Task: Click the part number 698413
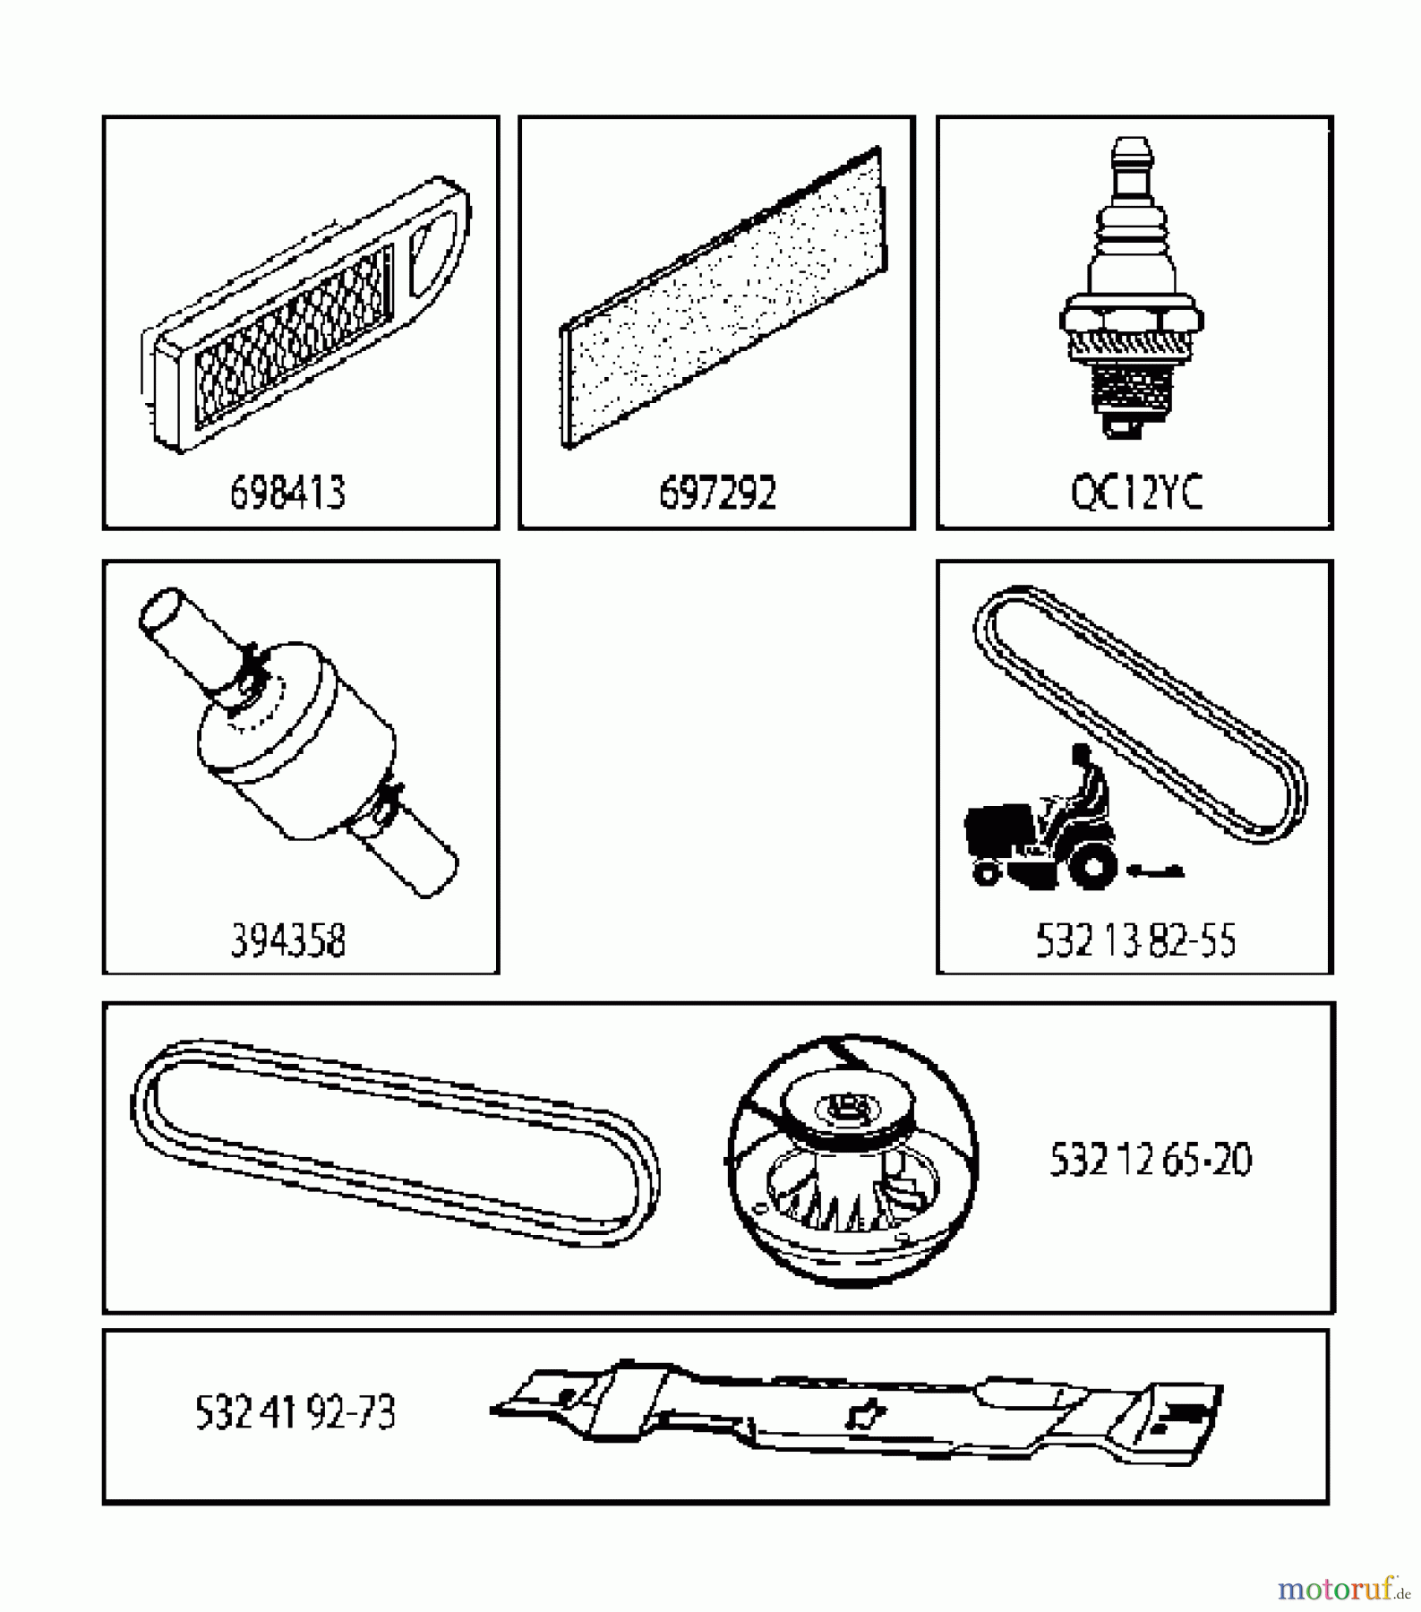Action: (287, 493)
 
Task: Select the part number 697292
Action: (717, 493)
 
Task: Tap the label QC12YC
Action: (1135, 493)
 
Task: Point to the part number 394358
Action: (287, 940)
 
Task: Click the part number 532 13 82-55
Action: (1135, 940)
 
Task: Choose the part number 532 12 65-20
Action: (1150, 1160)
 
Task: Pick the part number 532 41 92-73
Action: (295, 1413)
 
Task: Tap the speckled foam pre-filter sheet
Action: (721, 300)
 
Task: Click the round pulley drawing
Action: (852, 1161)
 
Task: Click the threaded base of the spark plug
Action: (1131, 394)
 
